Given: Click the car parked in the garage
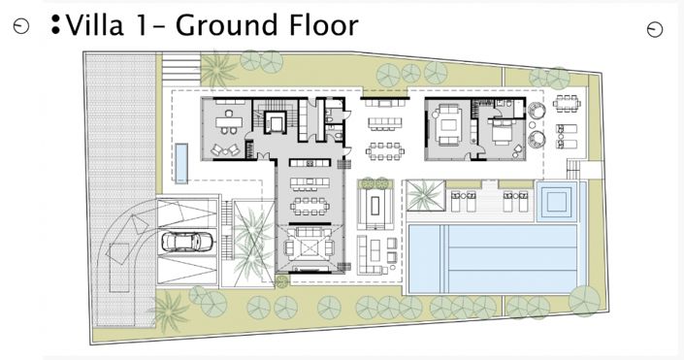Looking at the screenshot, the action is click(186, 242).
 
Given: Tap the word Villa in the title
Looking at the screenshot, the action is click(95, 25).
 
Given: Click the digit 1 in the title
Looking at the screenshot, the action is click(141, 25).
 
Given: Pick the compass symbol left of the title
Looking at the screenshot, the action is click(21, 26).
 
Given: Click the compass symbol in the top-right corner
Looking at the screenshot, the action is click(654, 30).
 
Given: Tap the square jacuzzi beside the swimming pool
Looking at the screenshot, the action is click(556, 201).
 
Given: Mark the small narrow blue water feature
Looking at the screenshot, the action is click(181, 163).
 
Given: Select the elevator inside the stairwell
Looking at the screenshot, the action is click(275, 121).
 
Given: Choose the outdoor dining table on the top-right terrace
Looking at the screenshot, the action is click(567, 104).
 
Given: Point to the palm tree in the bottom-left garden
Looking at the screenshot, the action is click(169, 311).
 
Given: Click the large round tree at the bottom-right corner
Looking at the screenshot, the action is click(584, 301).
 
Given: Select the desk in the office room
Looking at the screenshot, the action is click(229, 121).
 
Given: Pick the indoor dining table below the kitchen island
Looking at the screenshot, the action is click(310, 206).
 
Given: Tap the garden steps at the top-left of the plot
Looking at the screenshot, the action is click(181, 68).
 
